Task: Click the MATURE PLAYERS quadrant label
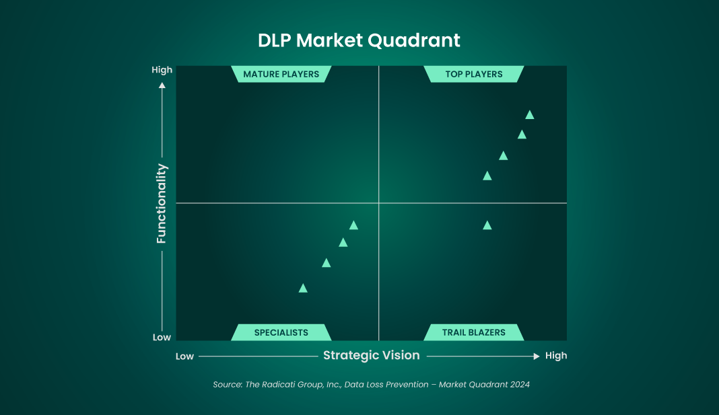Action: pyautogui.click(x=281, y=74)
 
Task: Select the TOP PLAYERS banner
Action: pyautogui.click(x=474, y=74)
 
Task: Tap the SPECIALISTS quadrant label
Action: pyautogui.click(x=281, y=332)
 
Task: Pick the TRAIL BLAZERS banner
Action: pyautogui.click(x=474, y=332)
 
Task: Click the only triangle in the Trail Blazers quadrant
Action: pyautogui.click(x=487, y=225)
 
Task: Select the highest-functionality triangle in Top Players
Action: pyautogui.click(x=530, y=115)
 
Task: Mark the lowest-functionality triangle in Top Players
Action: pyautogui.click(x=487, y=176)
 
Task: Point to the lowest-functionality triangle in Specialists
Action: pyautogui.click(x=303, y=289)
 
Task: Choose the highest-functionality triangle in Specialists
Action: pyautogui.click(x=353, y=225)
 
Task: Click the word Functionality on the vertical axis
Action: pyautogui.click(x=162, y=203)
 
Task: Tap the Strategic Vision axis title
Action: pyautogui.click(x=372, y=355)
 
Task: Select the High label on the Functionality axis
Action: pyautogui.click(x=162, y=70)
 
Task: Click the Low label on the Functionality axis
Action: pyautogui.click(x=162, y=338)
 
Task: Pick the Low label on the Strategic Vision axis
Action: pyautogui.click(x=184, y=356)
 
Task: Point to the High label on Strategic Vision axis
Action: pyautogui.click(x=556, y=356)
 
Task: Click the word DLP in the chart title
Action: pyautogui.click(x=274, y=40)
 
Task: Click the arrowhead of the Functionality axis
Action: pyautogui.click(x=162, y=85)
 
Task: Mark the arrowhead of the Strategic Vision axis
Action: pyautogui.click(x=536, y=356)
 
